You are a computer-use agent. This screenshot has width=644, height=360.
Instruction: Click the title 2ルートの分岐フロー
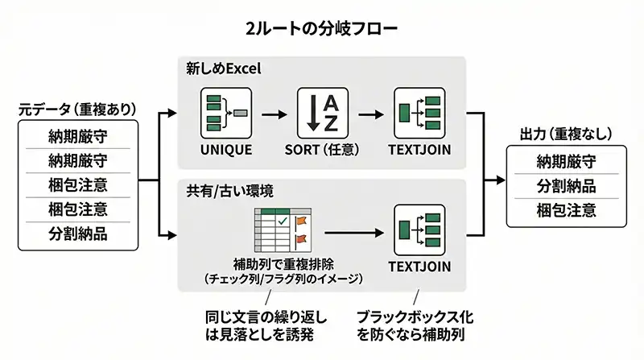[322, 28]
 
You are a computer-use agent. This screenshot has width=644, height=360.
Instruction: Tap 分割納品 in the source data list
[78, 234]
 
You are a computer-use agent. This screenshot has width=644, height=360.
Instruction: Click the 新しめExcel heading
[224, 68]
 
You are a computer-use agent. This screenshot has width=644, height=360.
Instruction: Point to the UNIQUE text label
[226, 150]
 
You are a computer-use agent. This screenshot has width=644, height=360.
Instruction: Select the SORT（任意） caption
[320, 150]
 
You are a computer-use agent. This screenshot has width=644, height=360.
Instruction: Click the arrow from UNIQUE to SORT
[274, 114]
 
